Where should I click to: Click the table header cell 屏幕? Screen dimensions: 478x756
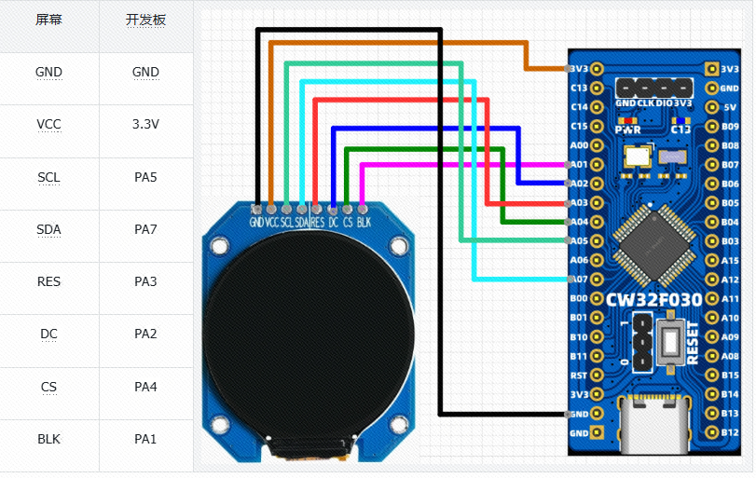[49, 20]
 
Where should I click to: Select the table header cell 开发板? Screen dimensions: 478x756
[145, 20]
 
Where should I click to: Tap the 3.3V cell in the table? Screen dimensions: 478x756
[145, 124]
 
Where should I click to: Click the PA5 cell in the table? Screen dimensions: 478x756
[145, 177]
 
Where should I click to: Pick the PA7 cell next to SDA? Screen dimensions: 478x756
[145, 229]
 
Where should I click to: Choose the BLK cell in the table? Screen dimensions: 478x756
[49, 439]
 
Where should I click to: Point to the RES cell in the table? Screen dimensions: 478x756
[49, 281]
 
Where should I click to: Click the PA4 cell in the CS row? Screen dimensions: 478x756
[145, 387]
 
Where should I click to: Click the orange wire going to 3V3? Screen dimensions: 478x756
[401, 43]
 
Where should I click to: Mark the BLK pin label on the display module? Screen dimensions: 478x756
[364, 223]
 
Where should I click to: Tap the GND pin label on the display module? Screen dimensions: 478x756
[256, 223]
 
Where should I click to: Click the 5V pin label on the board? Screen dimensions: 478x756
[731, 107]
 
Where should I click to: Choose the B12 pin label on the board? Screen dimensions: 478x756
[731, 432]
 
